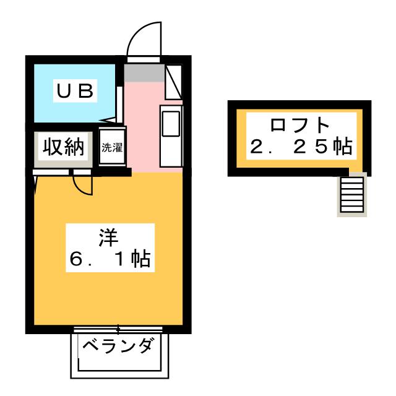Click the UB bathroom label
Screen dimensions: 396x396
click(x=75, y=91)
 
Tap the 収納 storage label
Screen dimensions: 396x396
click(x=63, y=147)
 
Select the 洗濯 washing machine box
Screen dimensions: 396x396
click(x=112, y=147)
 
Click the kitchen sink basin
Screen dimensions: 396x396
click(x=171, y=124)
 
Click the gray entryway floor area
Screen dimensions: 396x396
click(x=144, y=73)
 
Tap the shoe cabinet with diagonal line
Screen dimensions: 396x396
click(x=173, y=82)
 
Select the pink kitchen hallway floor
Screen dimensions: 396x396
click(x=142, y=126)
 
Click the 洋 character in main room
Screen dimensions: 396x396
click(x=109, y=238)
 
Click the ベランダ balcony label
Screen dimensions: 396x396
click(x=118, y=345)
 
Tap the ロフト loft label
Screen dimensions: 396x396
click(x=299, y=125)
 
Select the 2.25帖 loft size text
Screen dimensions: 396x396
click(x=301, y=146)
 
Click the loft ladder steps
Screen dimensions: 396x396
click(x=352, y=194)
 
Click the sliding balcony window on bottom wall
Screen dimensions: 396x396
click(x=118, y=329)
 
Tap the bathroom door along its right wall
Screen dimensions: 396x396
click(x=119, y=105)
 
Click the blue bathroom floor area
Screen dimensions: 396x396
click(x=74, y=93)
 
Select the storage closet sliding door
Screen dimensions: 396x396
click(x=62, y=172)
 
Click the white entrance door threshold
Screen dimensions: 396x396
click(x=144, y=59)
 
